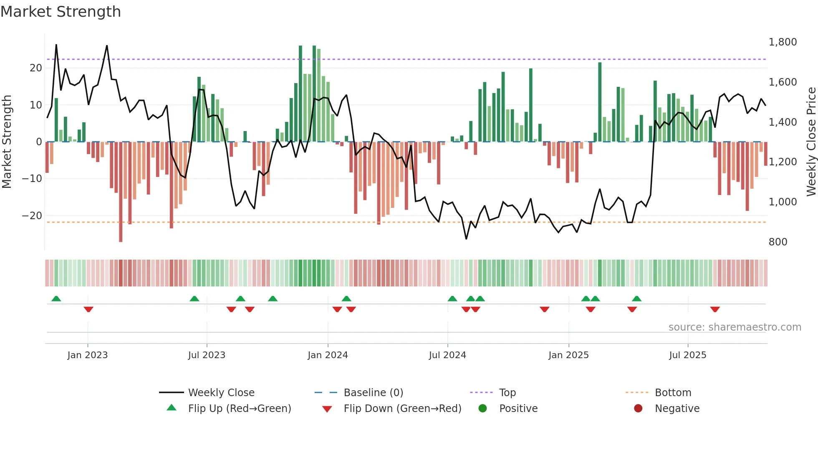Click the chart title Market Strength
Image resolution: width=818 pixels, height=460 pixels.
(61, 12)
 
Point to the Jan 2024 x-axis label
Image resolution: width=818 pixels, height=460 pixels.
(328, 355)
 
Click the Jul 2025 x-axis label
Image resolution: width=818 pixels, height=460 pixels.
(687, 355)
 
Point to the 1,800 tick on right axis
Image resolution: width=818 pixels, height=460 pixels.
(783, 42)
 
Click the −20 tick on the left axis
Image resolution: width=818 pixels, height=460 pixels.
(32, 216)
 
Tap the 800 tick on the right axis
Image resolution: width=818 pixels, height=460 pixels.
(778, 242)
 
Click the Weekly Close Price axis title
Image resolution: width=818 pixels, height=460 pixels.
(811, 142)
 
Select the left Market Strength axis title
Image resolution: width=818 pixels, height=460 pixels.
(7, 142)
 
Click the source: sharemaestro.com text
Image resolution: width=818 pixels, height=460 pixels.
(735, 327)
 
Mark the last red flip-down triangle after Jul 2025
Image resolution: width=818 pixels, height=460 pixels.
(715, 309)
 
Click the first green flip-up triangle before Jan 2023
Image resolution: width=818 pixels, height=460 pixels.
(56, 298)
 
